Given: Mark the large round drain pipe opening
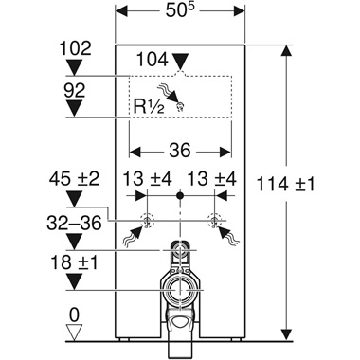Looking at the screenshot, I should pos(179,294).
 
